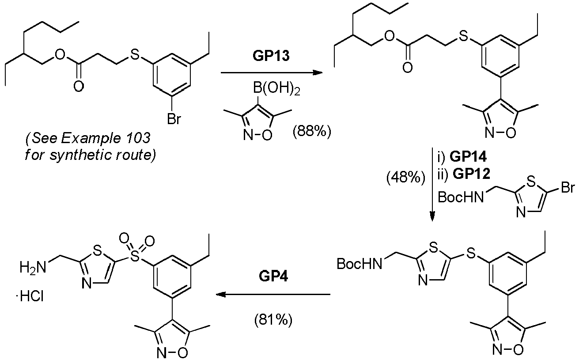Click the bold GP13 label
[271, 56]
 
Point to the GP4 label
[273, 276]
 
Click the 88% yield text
[312, 132]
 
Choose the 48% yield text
[405, 178]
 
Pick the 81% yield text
[273, 320]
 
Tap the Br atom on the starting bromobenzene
[174, 119]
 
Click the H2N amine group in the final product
[33, 267]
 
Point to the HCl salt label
[30, 296]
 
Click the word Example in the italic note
[91, 139]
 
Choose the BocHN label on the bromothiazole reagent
[461, 197]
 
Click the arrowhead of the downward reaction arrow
[432, 216]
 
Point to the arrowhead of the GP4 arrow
[221, 294]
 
